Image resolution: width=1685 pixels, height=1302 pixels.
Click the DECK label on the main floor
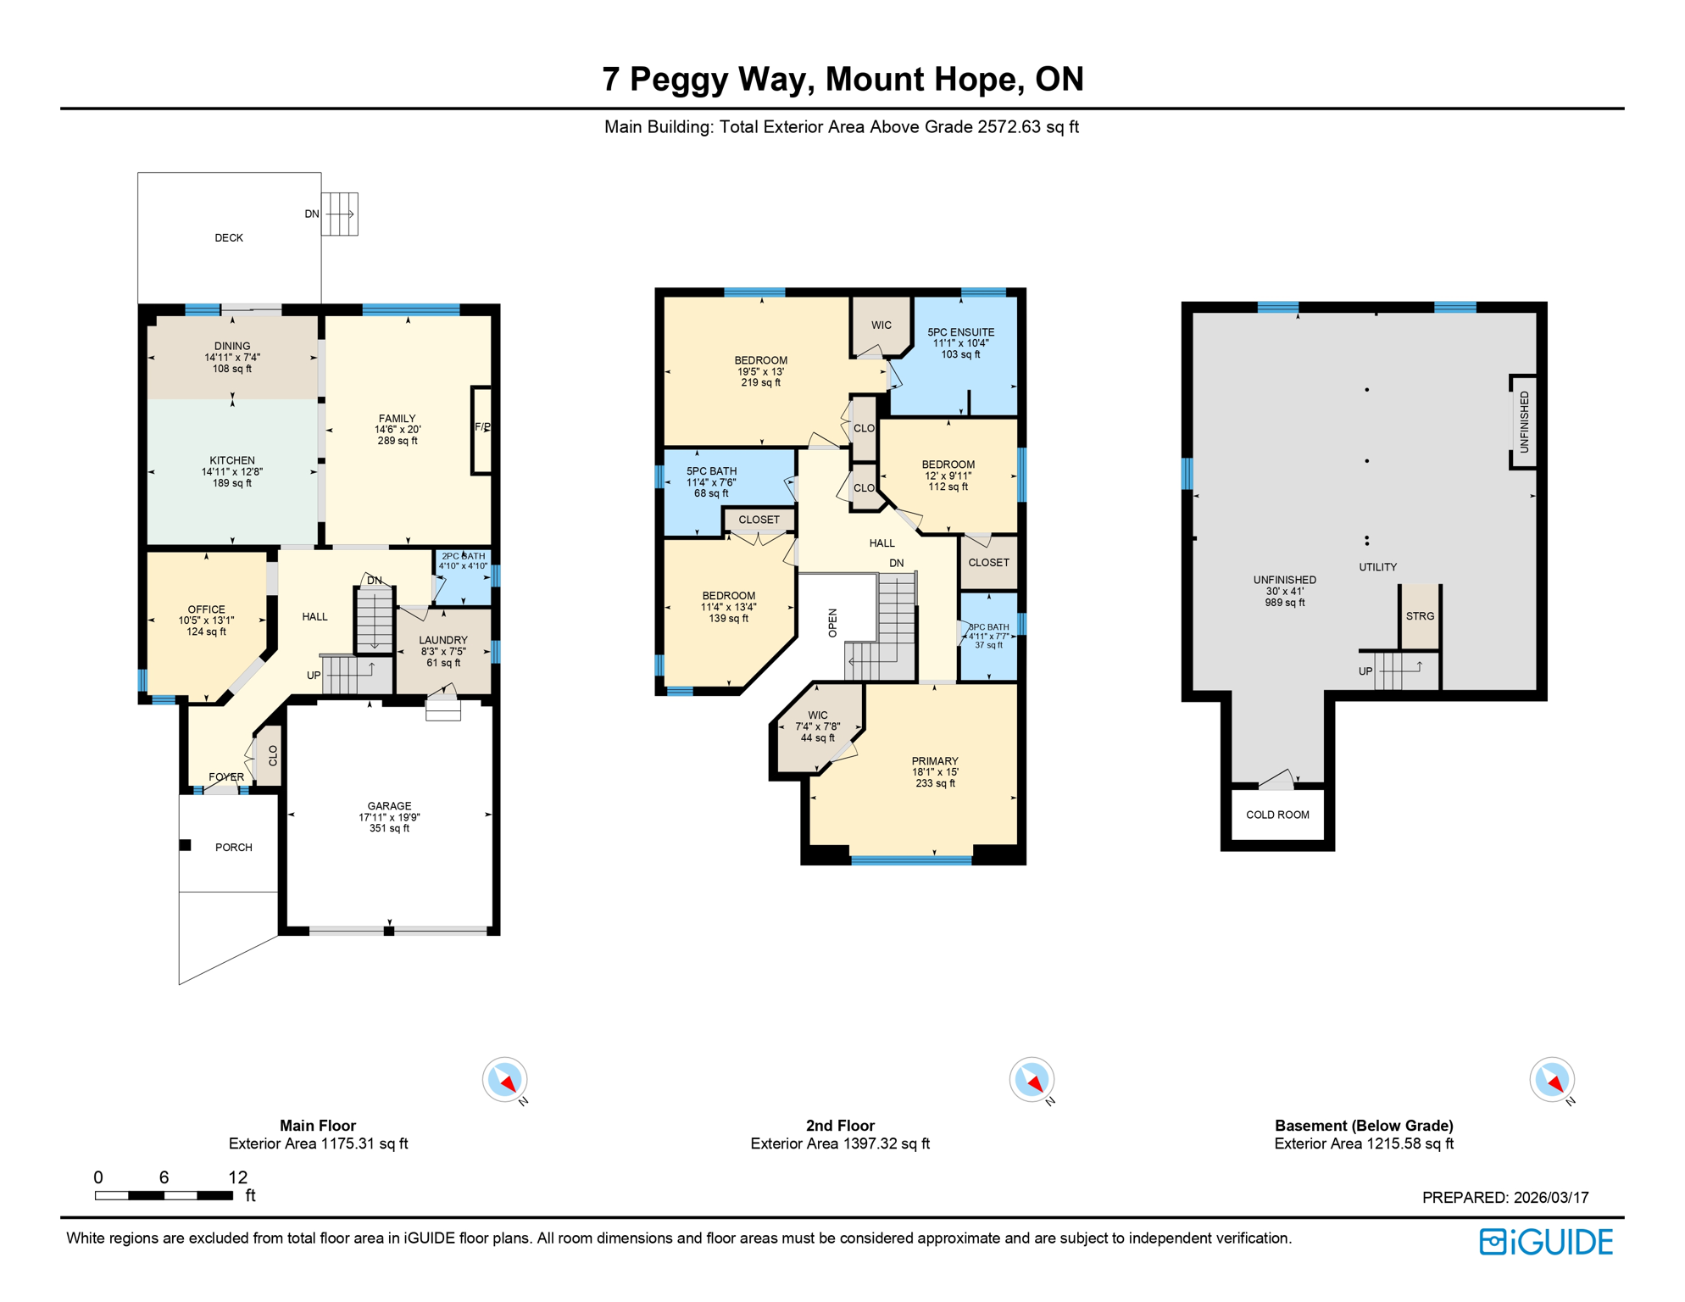pyautogui.click(x=228, y=238)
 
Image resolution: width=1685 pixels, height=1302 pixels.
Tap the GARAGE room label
pyautogui.click(x=389, y=806)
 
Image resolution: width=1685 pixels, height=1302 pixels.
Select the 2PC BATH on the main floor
pyautogui.click(x=463, y=561)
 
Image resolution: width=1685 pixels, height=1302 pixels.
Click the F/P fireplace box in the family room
pyautogui.click(x=481, y=429)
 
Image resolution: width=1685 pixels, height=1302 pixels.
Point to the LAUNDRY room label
pyautogui.click(x=442, y=641)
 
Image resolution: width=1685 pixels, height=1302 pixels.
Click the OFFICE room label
pyautogui.click(x=206, y=609)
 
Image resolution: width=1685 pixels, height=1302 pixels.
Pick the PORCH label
pyautogui.click(x=233, y=848)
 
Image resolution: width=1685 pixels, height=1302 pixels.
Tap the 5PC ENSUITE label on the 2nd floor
pyautogui.click(x=960, y=333)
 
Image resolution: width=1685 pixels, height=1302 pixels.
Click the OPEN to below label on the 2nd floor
pyautogui.click(x=832, y=623)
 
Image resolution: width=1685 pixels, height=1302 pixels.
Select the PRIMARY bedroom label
pyautogui.click(x=935, y=761)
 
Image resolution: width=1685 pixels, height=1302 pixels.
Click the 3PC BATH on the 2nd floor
pyautogui.click(x=988, y=636)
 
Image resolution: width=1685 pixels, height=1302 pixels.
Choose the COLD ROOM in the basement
pyautogui.click(x=1276, y=815)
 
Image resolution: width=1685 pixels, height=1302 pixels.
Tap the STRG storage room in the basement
pyautogui.click(x=1420, y=616)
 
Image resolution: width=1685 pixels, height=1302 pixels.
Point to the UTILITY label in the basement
pyautogui.click(x=1377, y=567)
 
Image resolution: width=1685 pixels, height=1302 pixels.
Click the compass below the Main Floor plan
pyautogui.click(x=505, y=1080)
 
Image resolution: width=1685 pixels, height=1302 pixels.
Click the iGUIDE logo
pyautogui.click(x=1546, y=1242)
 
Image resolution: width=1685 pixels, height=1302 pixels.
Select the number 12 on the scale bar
pyautogui.click(x=237, y=1177)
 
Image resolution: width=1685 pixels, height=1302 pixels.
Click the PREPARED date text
pyautogui.click(x=1504, y=1198)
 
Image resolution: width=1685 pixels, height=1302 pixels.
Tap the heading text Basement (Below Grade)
pyautogui.click(x=1363, y=1126)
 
